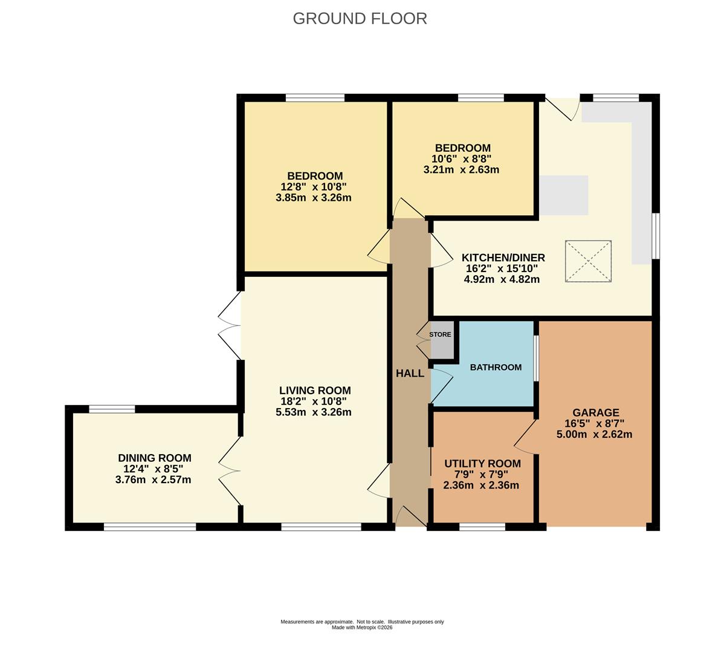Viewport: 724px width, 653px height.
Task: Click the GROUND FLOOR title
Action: [x=360, y=19]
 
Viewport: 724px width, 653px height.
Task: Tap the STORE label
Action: [x=440, y=334]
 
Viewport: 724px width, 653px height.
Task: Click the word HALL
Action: [x=410, y=373]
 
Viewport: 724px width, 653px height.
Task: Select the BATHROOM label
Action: [x=496, y=367]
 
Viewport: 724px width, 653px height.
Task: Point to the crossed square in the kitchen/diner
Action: [x=588, y=261]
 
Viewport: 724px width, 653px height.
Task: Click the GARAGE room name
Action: [x=596, y=412]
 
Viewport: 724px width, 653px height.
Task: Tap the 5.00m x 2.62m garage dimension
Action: [x=594, y=434]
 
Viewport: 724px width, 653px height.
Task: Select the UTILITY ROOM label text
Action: [x=482, y=463]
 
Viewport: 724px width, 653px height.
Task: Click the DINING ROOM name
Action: [x=155, y=458]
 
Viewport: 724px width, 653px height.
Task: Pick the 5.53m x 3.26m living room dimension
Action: [x=314, y=412]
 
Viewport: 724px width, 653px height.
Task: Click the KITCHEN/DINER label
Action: [x=503, y=257]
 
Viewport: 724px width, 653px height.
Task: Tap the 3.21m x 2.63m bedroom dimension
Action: [x=461, y=169]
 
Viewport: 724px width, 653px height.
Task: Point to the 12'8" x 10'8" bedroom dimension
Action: [x=314, y=187]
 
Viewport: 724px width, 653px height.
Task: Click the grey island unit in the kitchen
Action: [x=564, y=195]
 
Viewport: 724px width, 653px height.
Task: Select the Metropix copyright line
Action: [x=362, y=628]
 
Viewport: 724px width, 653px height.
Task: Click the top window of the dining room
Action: [x=112, y=409]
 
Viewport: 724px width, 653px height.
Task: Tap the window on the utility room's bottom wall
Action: [x=482, y=527]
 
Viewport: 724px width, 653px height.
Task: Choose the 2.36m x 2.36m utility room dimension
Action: [x=481, y=486]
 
